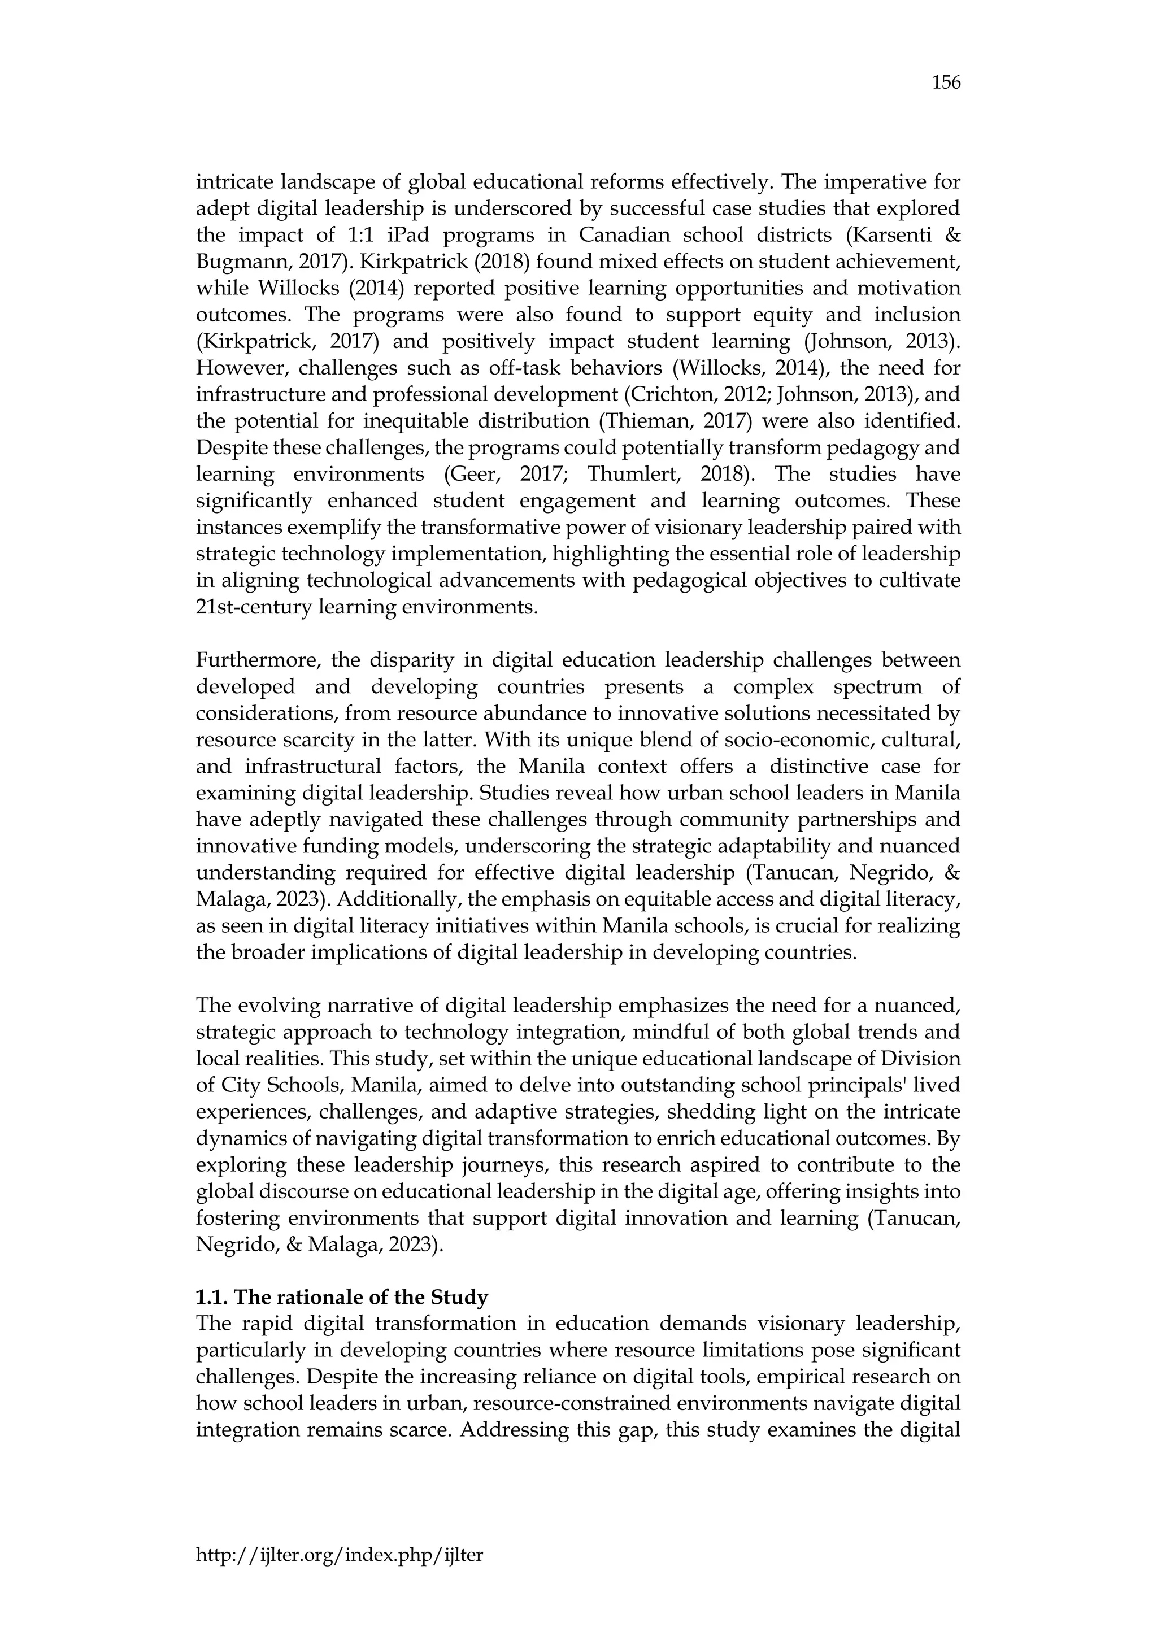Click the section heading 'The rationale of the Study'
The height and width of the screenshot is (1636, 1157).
click(341, 1298)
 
